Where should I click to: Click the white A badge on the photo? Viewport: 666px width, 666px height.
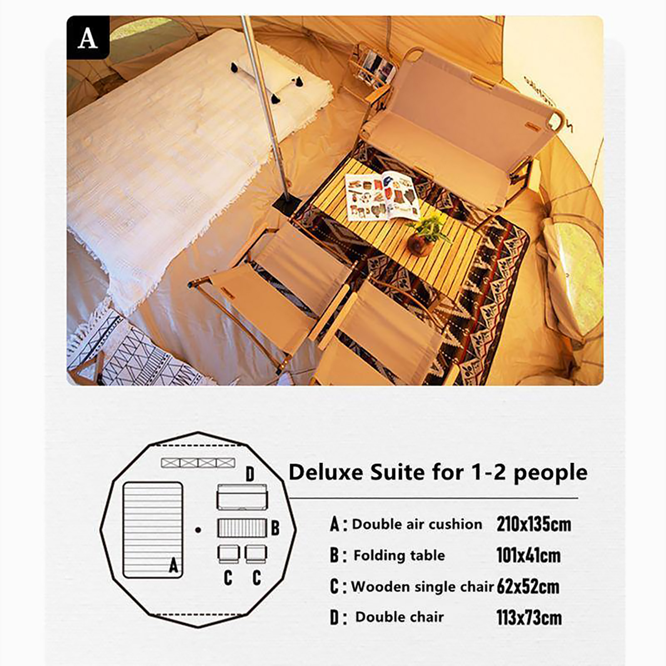click(88, 38)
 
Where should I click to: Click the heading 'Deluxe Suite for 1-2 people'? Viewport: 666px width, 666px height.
click(438, 472)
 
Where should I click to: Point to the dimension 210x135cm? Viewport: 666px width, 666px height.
click(534, 524)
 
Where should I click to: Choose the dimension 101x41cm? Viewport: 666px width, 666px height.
click(528, 555)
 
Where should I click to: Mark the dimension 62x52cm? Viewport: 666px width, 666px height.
click(528, 586)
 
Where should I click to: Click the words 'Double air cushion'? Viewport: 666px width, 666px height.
click(417, 524)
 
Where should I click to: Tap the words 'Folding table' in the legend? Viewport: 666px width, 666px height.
click(399, 555)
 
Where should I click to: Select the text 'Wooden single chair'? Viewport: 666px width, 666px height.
click(422, 586)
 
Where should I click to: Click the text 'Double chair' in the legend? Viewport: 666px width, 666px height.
click(399, 617)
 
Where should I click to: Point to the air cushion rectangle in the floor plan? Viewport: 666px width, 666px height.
click(153, 530)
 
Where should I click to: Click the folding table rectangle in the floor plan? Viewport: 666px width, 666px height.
click(242, 528)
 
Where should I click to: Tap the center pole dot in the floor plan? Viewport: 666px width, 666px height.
click(198, 530)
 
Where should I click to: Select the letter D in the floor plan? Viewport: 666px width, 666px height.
click(250, 474)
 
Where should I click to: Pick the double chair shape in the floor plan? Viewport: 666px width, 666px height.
click(242, 497)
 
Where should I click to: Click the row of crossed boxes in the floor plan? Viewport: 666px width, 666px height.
click(198, 462)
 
